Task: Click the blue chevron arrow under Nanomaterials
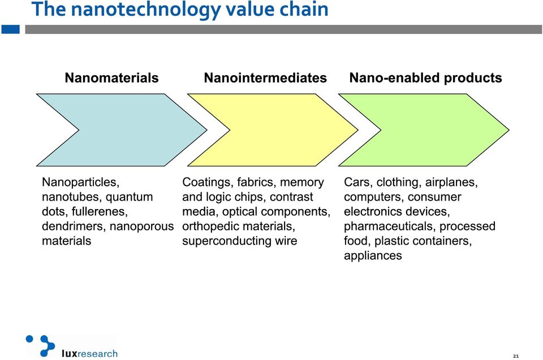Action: [132, 130]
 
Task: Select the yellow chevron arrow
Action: [281, 130]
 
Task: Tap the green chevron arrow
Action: [433, 130]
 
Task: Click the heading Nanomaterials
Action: [111, 78]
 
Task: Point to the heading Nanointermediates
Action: [265, 78]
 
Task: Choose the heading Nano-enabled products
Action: [425, 78]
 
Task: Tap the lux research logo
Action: [72, 346]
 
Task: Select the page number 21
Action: [516, 356]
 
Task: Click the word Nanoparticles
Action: [80, 183]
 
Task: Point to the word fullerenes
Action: [100, 211]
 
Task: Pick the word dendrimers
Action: [74, 226]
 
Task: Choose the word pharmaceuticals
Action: [390, 227]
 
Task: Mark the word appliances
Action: [373, 256]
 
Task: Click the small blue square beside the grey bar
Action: [10, 29]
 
